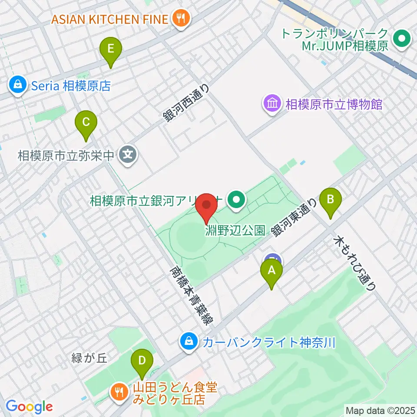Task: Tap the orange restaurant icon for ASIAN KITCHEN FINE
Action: point(179,19)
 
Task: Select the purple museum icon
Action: point(272,104)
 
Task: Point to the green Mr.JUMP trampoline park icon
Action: point(401,40)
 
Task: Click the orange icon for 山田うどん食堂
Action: point(118,392)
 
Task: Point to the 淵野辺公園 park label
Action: point(235,230)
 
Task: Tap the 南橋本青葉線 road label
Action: point(191,296)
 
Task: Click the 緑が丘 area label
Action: point(89,358)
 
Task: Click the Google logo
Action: point(29,407)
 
